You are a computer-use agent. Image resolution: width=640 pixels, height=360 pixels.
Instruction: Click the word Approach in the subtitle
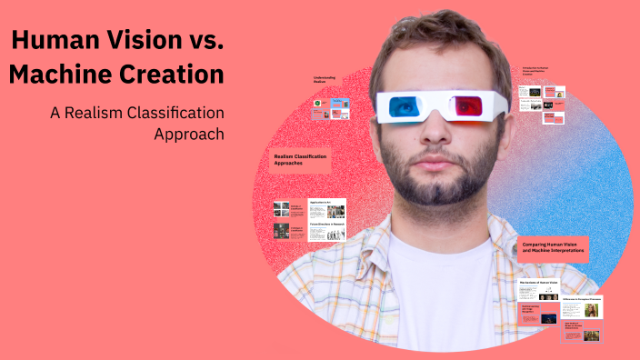pos(189,134)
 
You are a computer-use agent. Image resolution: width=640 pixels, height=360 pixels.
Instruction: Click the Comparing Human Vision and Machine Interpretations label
pos(554,247)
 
